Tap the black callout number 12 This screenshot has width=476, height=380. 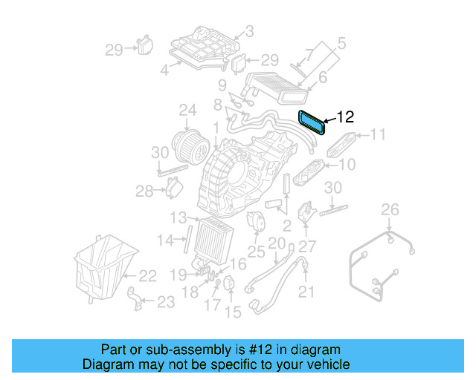click(x=346, y=117)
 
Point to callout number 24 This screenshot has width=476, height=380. click(x=187, y=112)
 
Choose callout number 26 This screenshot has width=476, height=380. click(x=390, y=212)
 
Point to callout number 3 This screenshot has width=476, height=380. click(x=249, y=32)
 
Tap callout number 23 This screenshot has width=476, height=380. click(x=166, y=301)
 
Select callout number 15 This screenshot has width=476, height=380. click(x=234, y=312)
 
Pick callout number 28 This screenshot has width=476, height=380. click(x=144, y=191)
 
